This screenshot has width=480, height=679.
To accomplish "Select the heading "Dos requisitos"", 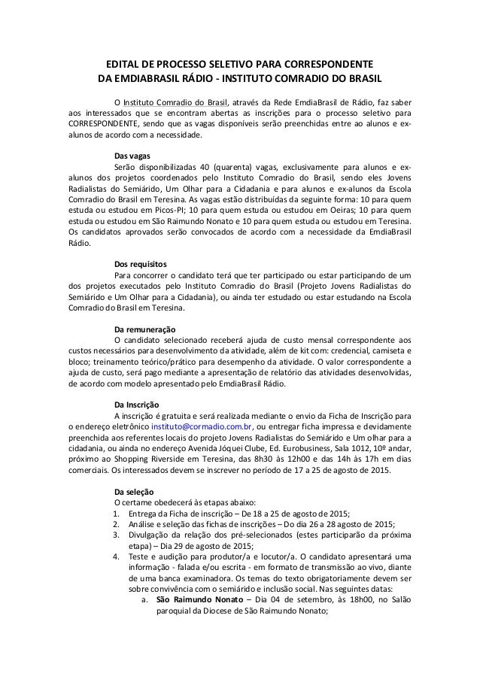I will point(141,264).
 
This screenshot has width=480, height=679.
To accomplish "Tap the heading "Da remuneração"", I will point(144,329).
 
